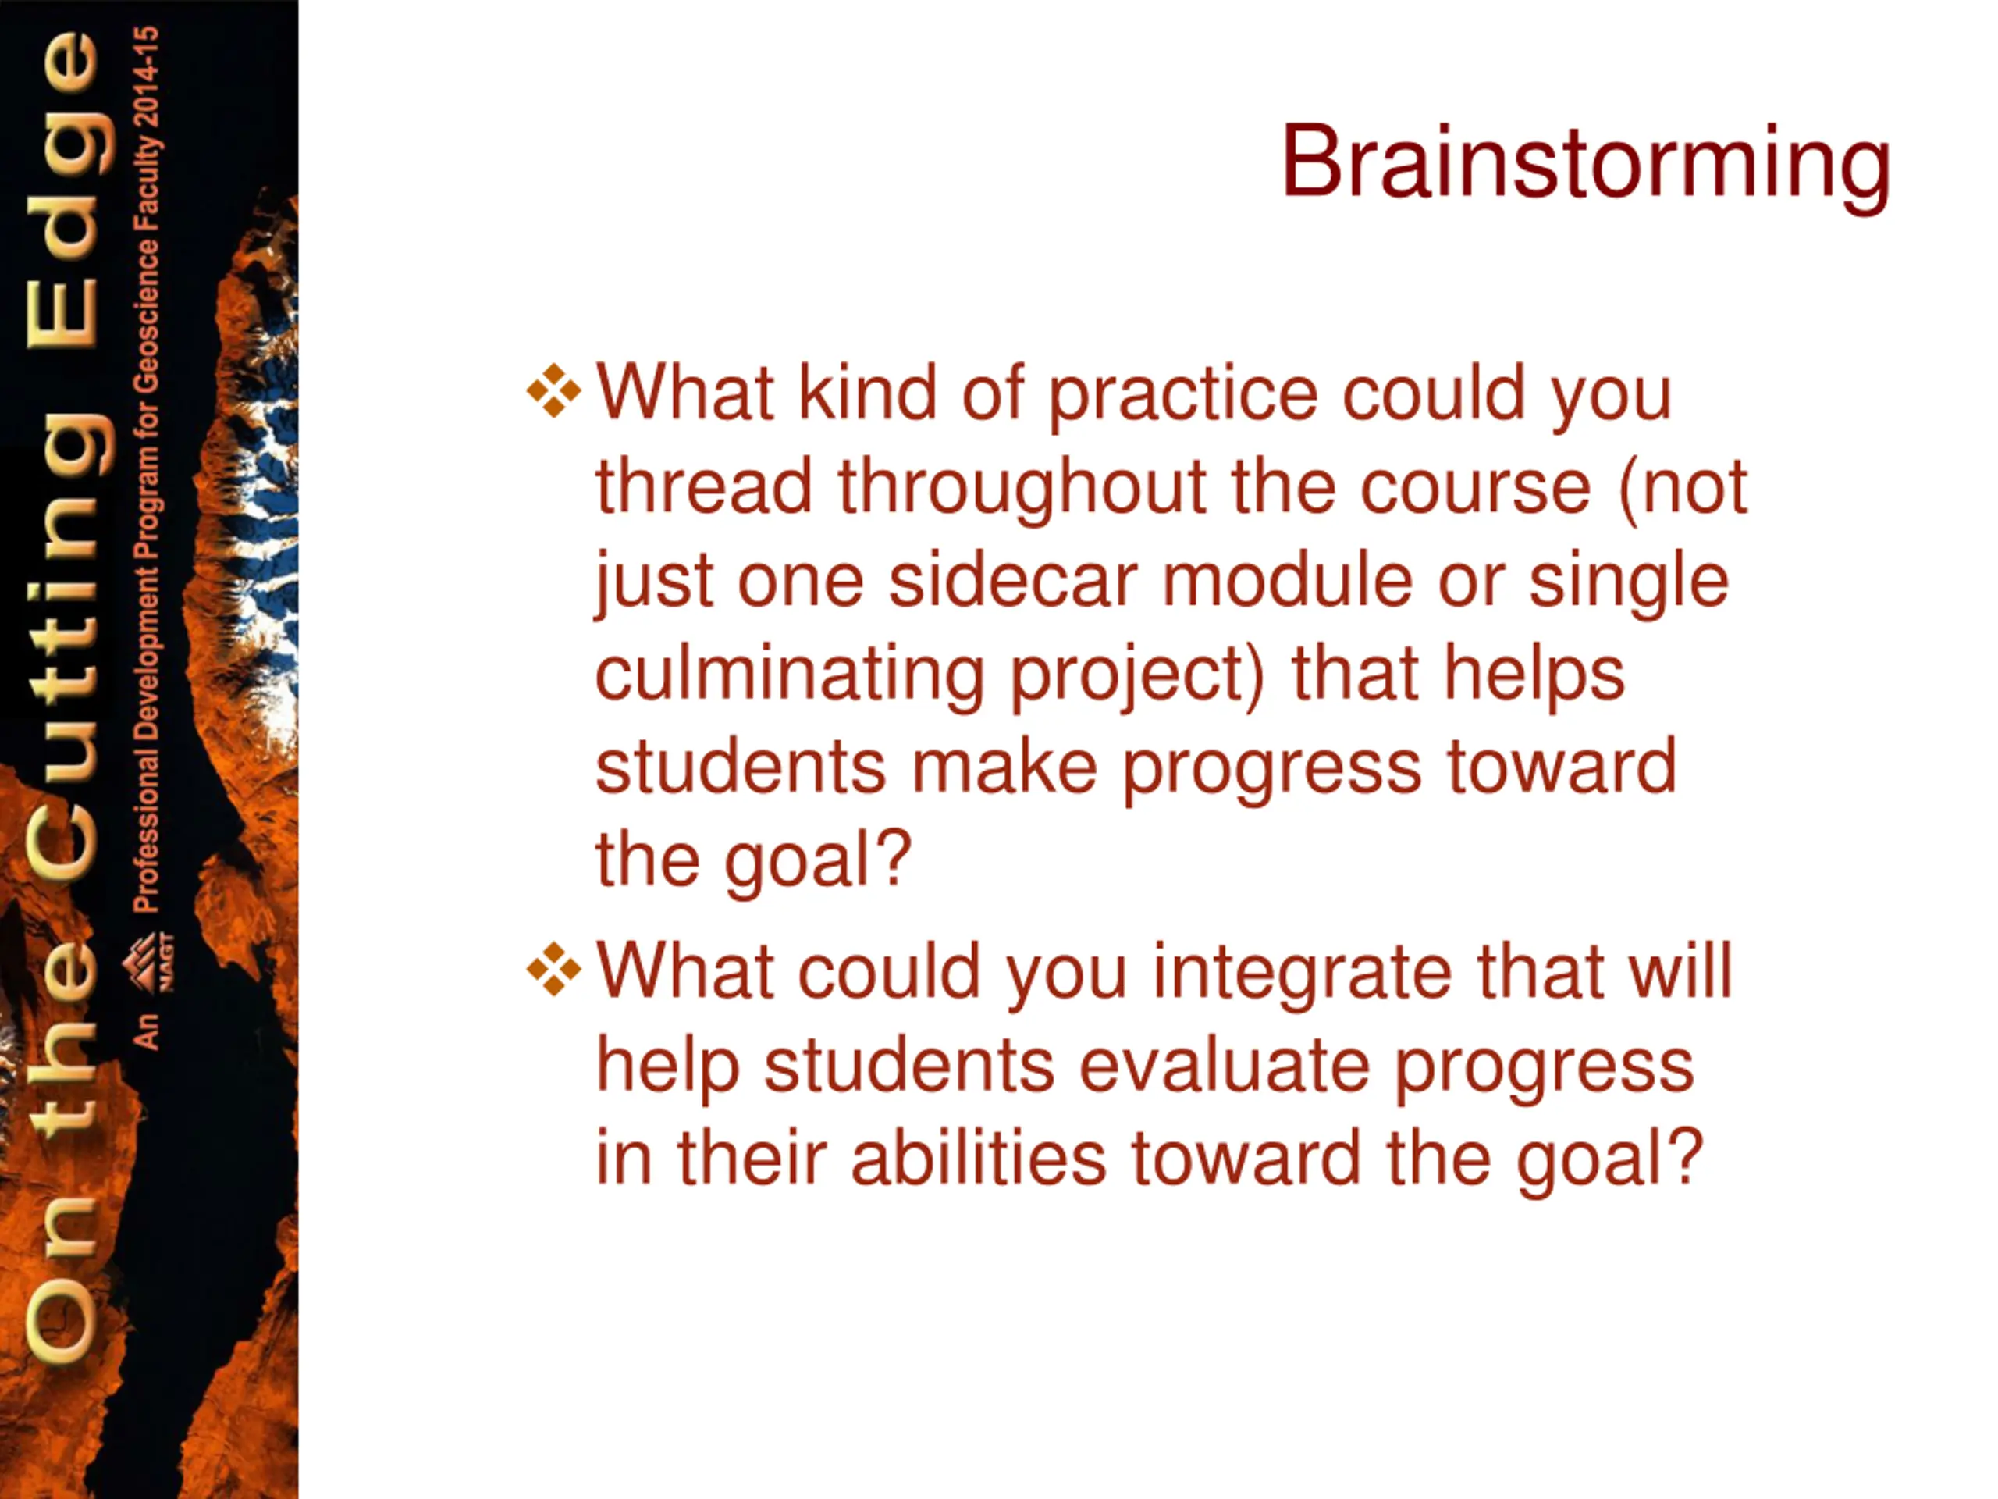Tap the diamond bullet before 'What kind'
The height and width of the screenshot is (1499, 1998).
click(553, 391)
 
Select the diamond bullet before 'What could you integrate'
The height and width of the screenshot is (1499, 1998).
click(553, 970)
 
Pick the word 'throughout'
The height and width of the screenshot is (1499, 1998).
click(1022, 487)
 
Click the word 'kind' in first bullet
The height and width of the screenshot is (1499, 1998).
click(867, 393)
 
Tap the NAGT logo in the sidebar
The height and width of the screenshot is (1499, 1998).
click(150, 963)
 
